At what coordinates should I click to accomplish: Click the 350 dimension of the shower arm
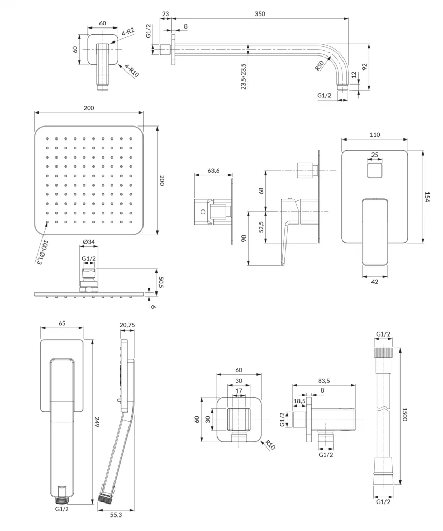(260, 14)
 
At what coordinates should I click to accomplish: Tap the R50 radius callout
(319, 66)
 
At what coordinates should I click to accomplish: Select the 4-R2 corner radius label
(128, 32)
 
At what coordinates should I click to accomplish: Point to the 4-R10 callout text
(131, 71)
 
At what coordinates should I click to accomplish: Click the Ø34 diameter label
(89, 242)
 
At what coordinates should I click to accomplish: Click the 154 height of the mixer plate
(428, 197)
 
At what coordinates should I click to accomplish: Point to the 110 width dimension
(375, 135)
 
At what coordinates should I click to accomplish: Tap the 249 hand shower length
(97, 421)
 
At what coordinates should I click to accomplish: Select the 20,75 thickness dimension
(127, 325)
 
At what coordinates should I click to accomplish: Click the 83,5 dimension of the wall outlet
(324, 381)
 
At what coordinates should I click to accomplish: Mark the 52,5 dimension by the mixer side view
(261, 227)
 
